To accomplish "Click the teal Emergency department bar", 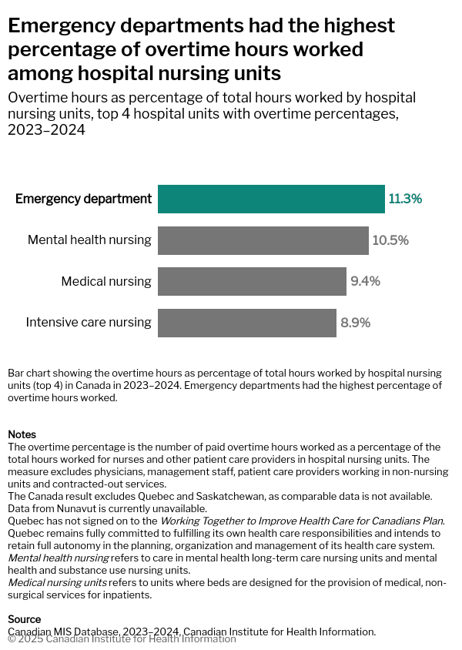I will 271,199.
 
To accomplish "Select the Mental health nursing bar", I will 263,240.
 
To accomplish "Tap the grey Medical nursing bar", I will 252,281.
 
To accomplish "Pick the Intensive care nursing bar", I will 246,323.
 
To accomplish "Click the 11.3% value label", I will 405,199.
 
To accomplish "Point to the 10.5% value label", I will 390,240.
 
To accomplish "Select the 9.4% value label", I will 365,281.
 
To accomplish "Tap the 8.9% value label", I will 355,323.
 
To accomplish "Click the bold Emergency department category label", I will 83,199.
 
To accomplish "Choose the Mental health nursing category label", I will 89,240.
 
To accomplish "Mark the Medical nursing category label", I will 106,281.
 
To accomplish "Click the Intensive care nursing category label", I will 89,323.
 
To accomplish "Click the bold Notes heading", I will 22,434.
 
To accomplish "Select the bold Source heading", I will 24,619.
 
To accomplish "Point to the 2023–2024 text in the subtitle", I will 46,130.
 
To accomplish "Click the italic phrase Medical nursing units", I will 58,582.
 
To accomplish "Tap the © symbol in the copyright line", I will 12,638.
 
